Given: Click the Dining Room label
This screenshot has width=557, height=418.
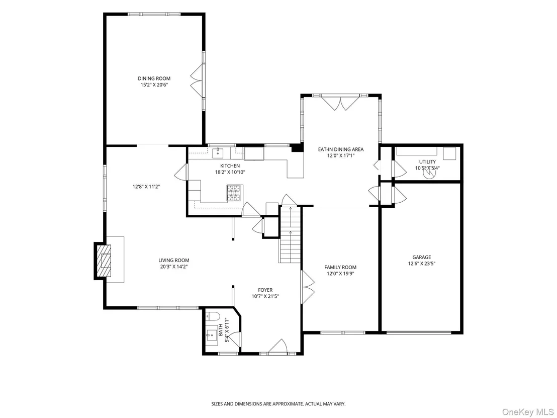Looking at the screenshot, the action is click(x=154, y=78).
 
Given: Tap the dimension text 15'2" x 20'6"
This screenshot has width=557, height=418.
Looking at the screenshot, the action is click(x=154, y=85).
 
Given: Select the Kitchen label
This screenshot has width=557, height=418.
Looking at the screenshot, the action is click(x=230, y=165).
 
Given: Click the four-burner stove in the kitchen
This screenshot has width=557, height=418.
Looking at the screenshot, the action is click(x=234, y=193).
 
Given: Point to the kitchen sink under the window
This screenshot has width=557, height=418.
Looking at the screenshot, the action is click(x=217, y=153).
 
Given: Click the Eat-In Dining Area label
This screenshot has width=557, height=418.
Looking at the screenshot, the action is click(x=341, y=149).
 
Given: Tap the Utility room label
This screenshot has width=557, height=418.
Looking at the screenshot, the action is click(x=427, y=162).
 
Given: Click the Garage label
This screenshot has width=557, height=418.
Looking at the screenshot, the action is click(x=422, y=257).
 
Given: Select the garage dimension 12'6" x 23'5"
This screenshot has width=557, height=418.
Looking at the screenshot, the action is click(x=422, y=264).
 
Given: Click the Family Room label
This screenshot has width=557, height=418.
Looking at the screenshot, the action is click(x=340, y=267).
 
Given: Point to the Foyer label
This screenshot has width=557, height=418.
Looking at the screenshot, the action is click(x=265, y=290).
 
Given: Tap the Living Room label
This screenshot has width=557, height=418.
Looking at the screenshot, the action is click(x=174, y=260).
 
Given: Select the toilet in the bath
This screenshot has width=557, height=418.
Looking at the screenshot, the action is click(x=213, y=315).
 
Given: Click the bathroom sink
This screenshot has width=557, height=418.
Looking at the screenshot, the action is click(x=212, y=335).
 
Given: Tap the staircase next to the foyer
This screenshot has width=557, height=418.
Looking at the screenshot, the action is click(x=291, y=234).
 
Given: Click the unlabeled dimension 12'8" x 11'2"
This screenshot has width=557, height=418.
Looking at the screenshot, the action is click(x=146, y=186).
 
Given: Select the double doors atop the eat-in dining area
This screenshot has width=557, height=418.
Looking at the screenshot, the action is click(x=341, y=103).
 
